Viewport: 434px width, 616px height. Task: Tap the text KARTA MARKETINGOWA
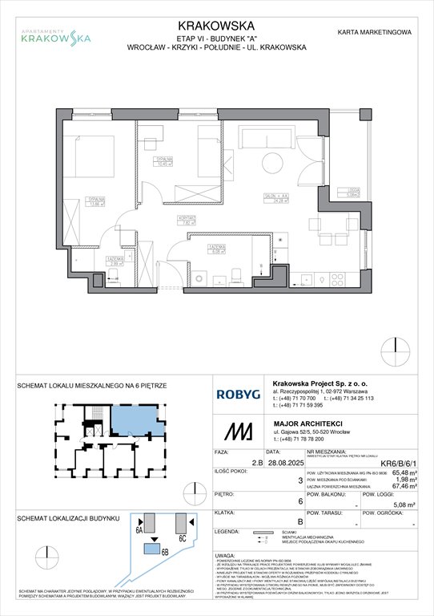point(375,33)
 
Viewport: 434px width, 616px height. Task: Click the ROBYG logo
point(236,394)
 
